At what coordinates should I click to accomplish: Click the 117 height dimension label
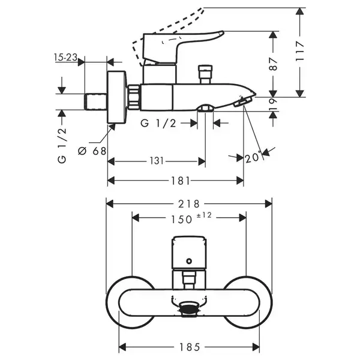coord(300,51)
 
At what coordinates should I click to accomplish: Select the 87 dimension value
coord(273,64)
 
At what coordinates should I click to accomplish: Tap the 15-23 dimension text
coord(65,57)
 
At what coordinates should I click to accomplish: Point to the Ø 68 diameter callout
coord(92,151)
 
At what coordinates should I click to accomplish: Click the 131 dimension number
coord(157,161)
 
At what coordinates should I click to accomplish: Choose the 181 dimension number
coord(181,181)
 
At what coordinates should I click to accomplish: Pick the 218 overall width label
coord(189,204)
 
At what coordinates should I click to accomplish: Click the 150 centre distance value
coord(181,220)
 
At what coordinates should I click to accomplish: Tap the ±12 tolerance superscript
coord(204,215)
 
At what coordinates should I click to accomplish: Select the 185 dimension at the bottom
coord(190,347)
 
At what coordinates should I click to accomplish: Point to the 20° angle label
coord(253,158)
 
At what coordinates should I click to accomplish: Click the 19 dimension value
coord(273,104)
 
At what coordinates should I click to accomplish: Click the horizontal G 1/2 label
coord(158,124)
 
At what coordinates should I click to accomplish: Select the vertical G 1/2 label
coord(62,145)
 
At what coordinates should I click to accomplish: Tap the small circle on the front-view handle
coord(189,261)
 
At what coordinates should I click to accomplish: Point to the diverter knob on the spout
coord(205,74)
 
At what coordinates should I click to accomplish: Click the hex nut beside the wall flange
coord(133,97)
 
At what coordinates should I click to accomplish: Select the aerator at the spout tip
coord(242,102)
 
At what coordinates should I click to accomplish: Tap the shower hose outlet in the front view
coord(189,309)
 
